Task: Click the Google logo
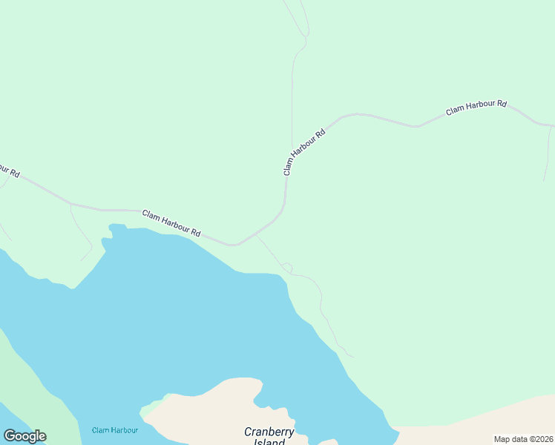tap(25, 436)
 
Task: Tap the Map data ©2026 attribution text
tap(523, 439)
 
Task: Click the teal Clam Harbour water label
tap(115, 430)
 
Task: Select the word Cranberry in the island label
tap(269, 432)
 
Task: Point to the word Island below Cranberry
tap(265, 442)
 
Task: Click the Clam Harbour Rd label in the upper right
tap(476, 108)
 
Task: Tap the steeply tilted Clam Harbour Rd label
tap(304, 153)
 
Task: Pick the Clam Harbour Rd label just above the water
tap(171, 223)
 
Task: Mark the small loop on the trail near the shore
tap(287, 267)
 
